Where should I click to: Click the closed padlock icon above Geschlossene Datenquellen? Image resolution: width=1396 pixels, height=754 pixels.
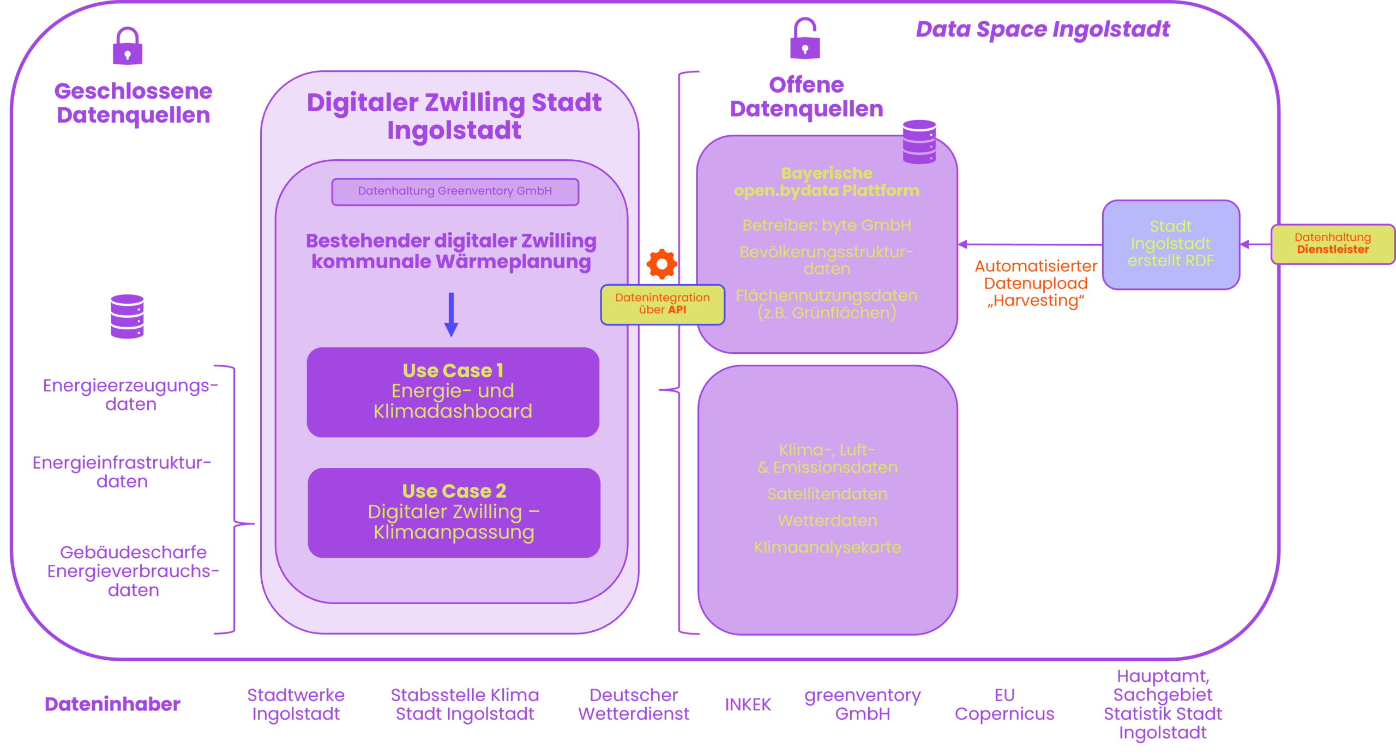128,46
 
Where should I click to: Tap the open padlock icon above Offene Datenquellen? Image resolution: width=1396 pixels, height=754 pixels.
805,39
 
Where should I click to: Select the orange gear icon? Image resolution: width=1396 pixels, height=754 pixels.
661,264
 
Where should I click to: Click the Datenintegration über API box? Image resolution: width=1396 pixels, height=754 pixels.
663,304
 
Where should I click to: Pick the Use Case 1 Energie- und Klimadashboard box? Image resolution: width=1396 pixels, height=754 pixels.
453,392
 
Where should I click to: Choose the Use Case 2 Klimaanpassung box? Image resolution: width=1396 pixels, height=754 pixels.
454,512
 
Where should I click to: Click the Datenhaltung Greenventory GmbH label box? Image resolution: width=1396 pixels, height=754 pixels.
455,191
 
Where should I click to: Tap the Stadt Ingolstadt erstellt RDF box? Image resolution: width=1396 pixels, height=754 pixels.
1171,244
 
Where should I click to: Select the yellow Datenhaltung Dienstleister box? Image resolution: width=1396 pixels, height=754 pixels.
1332,244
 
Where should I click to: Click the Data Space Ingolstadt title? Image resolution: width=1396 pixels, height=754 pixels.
1042,29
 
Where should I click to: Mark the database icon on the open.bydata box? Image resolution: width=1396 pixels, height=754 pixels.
919,142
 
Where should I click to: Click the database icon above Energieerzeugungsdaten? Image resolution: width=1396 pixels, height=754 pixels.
127,316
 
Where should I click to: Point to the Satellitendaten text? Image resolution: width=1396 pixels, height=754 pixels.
827,494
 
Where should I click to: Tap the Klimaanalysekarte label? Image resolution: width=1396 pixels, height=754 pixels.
827,547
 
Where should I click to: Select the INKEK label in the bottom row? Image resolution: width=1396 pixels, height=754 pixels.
748,704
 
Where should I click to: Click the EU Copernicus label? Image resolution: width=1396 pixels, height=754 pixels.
1004,704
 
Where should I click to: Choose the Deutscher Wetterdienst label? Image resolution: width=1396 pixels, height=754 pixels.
634,704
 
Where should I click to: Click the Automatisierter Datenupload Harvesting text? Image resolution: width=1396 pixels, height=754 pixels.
1036,283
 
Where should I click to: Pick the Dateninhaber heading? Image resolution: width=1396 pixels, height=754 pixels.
112,704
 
